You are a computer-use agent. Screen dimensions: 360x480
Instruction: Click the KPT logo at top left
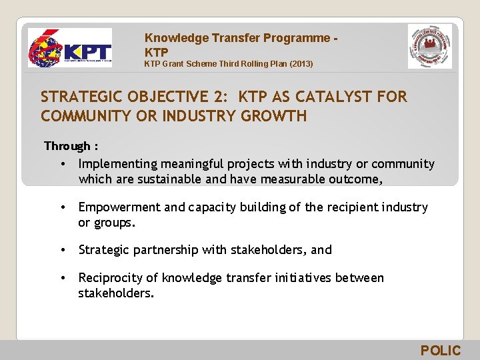pos(69,48)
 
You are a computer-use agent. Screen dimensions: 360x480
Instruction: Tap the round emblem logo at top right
pos(429,47)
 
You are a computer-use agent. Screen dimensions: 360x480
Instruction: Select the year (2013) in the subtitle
pos(298,64)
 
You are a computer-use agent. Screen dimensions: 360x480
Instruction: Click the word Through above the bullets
pos(67,146)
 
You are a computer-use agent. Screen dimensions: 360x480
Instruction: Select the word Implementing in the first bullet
pos(117,164)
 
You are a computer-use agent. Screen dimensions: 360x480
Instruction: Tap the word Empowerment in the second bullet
pos(119,207)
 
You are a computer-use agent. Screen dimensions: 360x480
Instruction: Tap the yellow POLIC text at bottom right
pos(440,351)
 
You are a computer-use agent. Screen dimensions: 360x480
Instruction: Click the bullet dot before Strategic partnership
pos(61,250)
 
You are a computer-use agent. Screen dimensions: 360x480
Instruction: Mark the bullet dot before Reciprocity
pos(61,278)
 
